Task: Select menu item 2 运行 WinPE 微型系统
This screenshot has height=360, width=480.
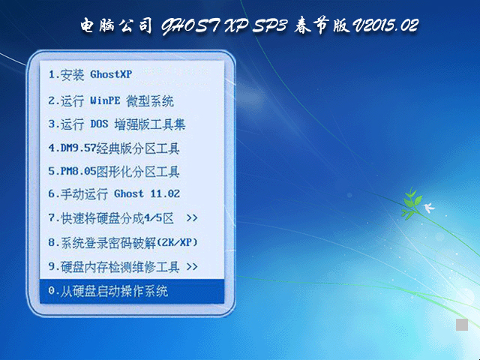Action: (110, 100)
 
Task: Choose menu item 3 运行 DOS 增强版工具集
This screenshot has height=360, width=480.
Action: (116, 124)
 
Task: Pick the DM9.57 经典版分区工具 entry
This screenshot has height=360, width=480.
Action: (114, 148)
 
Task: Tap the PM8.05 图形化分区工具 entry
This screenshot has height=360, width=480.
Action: (114, 171)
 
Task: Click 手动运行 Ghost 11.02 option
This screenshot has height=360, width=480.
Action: (114, 193)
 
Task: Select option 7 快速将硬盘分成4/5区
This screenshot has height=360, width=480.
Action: (111, 218)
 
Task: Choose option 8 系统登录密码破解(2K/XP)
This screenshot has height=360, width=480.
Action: (123, 242)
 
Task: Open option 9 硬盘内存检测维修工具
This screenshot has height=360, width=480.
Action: (112, 266)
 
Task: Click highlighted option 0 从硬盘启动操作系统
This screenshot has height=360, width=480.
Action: (108, 291)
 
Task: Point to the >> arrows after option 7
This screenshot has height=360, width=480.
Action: (192, 218)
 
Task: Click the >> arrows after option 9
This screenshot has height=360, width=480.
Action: (192, 266)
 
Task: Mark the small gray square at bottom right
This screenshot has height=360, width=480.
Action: (462, 324)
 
